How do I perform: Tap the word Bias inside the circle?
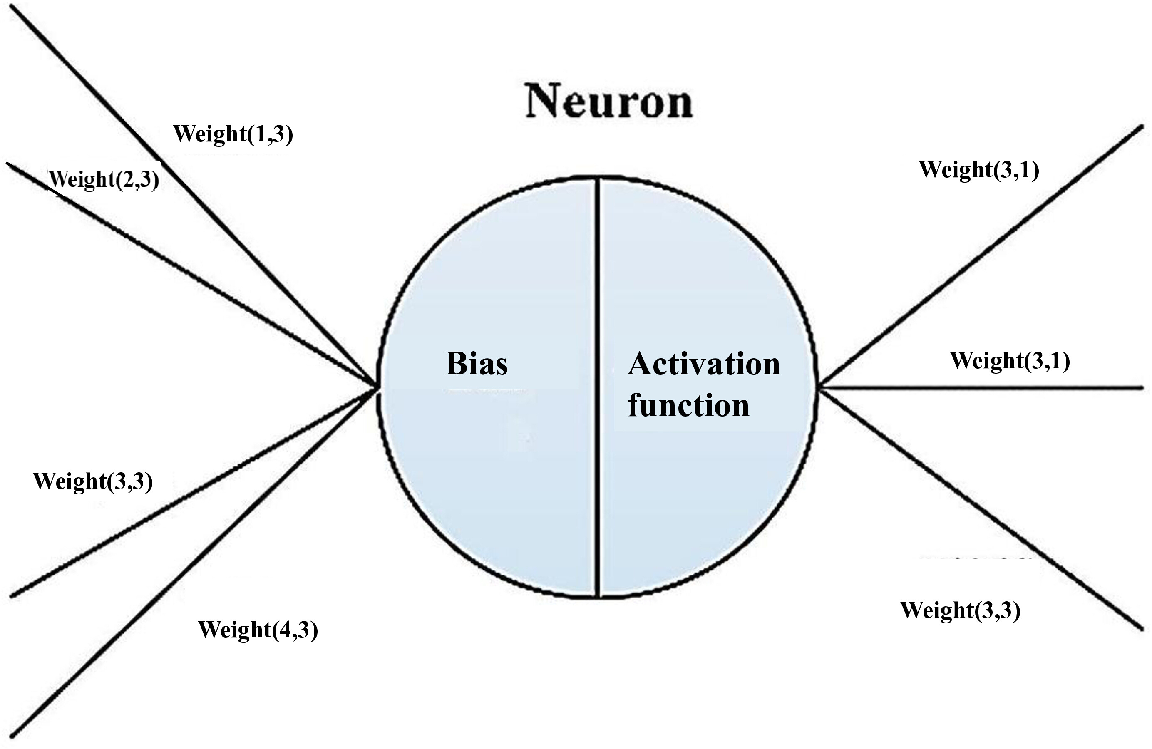click(477, 363)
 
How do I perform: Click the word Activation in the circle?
click(704, 363)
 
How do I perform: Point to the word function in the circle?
click(688, 405)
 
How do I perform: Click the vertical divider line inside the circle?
click(598, 387)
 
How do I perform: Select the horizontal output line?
click(981, 387)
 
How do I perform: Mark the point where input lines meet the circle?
click(377, 387)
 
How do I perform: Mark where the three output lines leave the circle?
click(819, 387)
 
